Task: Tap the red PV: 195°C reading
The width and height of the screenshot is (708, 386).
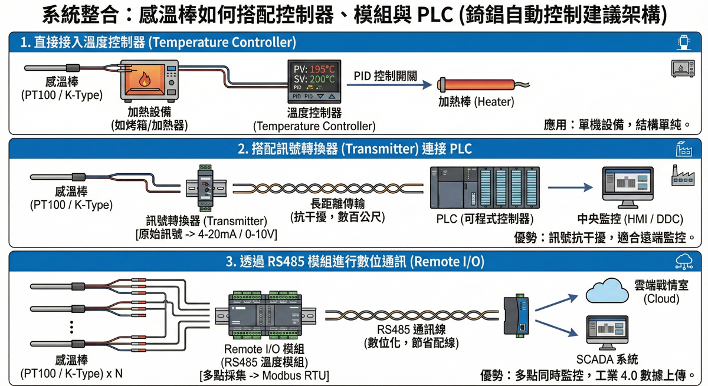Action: click(314, 68)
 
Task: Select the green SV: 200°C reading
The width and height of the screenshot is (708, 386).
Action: click(314, 79)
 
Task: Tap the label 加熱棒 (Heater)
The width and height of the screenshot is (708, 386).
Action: click(476, 101)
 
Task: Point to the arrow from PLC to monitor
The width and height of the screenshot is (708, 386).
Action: click(570, 187)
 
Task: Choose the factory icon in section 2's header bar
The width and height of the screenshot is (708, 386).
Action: click(684, 149)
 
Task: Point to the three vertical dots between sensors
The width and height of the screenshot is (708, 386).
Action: click(71, 326)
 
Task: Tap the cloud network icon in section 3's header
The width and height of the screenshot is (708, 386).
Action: click(684, 261)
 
